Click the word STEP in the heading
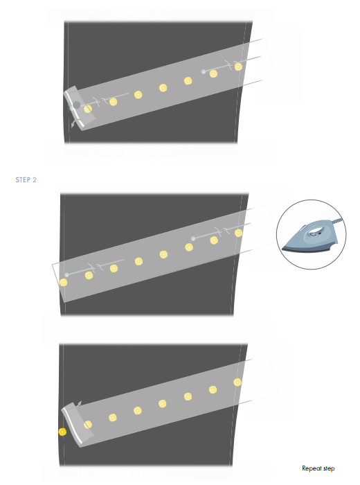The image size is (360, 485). pyautogui.click(x=23, y=179)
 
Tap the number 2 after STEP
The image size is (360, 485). pyautogui.click(x=35, y=179)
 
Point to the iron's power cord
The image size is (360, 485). pyautogui.click(x=337, y=220)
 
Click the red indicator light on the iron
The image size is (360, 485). pyautogui.click(x=320, y=233)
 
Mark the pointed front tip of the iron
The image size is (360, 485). pyautogui.click(x=282, y=248)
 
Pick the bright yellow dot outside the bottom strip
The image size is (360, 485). pyautogui.click(x=62, y=432)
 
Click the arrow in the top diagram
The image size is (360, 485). pyautogui.click(x=74, y=123)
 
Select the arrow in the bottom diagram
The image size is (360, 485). pyautogui.click(x=79, y=404)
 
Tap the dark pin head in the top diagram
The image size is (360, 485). pyautogui.click(x=77, y=105)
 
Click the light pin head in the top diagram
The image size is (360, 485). pyautogui.click(x=204, y=72)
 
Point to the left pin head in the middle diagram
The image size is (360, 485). pyautogui.click(x=66, y=274)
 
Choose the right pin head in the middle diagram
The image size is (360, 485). pyautogui.click(x=193, y=238)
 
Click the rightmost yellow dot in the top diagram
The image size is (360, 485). pyautogui.click(x=238, y=67)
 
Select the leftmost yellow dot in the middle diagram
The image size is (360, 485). pyautogui.click(x=64, y=283)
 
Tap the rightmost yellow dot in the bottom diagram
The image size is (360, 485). pyautogui.click(x=237, y=382)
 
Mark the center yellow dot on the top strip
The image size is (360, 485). pyautogui.click(x=163, y=88)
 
